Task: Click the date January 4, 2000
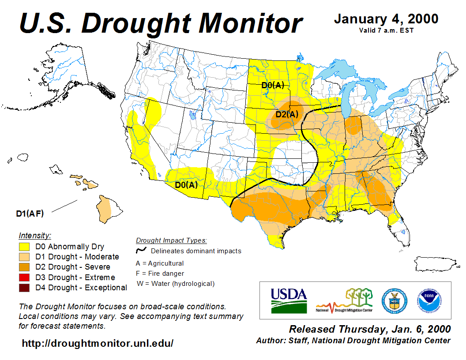(386, 19)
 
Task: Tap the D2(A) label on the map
(287, 115)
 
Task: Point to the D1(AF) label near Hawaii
(30, 214)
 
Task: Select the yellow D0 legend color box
(24, 247)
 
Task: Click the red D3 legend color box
(24, 277)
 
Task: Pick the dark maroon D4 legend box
(24, 288)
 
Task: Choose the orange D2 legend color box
(24, 267)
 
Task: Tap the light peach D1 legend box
(24, 257)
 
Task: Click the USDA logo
(289, 300)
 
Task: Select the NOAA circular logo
(428, 300)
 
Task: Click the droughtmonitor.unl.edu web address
(98, 343)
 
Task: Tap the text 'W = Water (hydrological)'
(176, 284)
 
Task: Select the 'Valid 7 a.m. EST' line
(386, 30)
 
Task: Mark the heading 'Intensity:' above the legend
(35, 236)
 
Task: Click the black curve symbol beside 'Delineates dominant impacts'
(141, 251)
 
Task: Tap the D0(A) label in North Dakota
(273, 85)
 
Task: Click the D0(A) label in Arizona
(186, 185)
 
